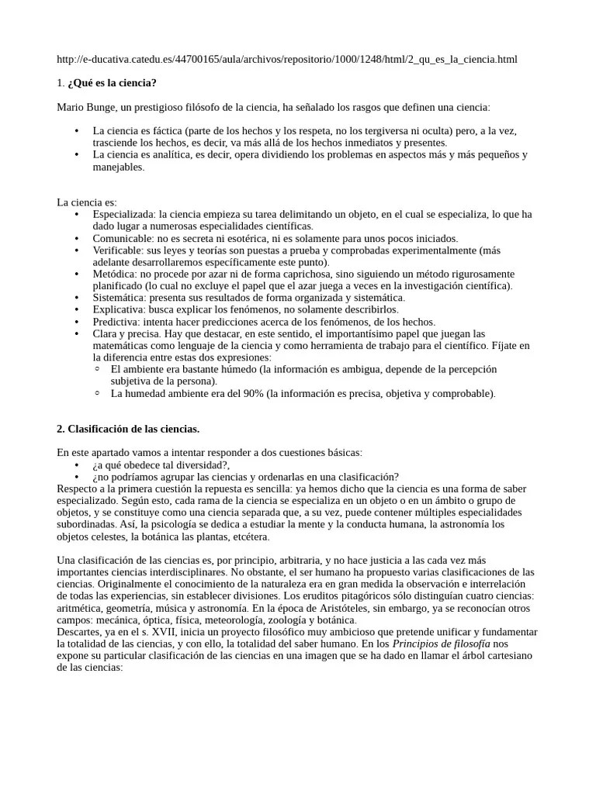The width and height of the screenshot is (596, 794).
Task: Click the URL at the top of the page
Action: (287, 59)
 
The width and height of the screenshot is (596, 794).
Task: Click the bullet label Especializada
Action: (123, 214)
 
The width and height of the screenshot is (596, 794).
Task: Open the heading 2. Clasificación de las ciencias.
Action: (128, 428)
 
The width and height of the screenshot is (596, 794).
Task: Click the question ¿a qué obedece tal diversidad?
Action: (161, 464)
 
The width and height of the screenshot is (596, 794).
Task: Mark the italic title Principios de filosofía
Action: (442, 644)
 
